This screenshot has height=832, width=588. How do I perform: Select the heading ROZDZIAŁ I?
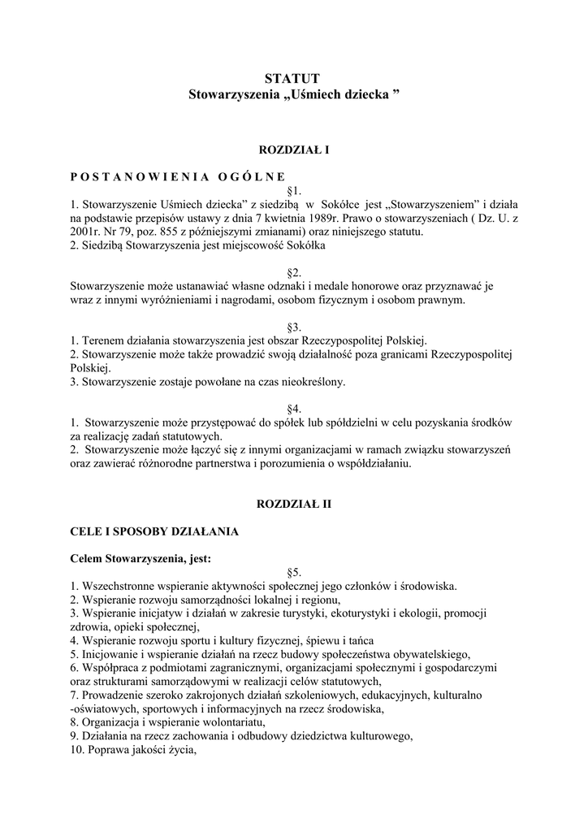293,150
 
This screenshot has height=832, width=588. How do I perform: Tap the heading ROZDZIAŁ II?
293,504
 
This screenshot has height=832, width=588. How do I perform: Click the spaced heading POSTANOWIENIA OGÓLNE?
177,175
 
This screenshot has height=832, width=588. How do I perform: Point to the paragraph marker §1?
295,190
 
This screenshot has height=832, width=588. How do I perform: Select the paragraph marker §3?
295,326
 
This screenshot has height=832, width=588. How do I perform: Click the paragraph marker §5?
295,571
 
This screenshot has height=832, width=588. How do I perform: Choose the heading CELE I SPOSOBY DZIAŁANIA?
154,531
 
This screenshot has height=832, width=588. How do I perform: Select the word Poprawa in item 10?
107,750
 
